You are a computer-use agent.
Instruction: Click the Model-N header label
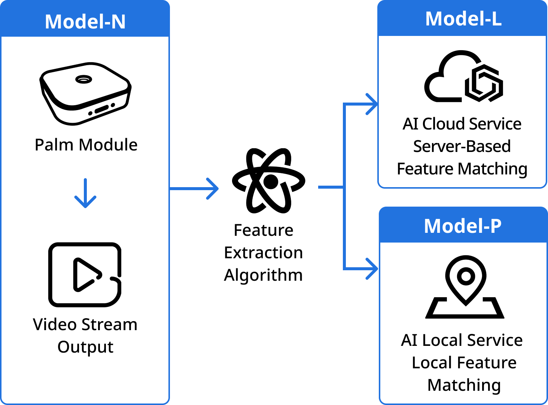(85, 22)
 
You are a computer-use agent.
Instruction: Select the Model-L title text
(463, 19)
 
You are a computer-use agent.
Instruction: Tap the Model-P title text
(463, 226)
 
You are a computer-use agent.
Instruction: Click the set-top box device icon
(86, 94)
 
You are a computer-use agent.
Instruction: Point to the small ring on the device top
(83, 79)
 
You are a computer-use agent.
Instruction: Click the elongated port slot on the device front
(101, 109)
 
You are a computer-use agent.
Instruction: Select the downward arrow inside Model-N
(85, 193)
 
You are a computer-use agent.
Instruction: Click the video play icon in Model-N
(85, 275)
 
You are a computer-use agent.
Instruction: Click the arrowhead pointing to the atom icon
(213, 189)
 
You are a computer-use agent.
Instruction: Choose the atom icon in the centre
(269, 181)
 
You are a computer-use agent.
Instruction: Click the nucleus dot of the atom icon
(271, 182)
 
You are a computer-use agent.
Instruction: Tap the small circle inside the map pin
(466, 277)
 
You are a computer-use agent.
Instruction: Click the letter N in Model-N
(118, 22)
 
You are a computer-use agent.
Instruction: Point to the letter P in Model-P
(496, 226)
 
